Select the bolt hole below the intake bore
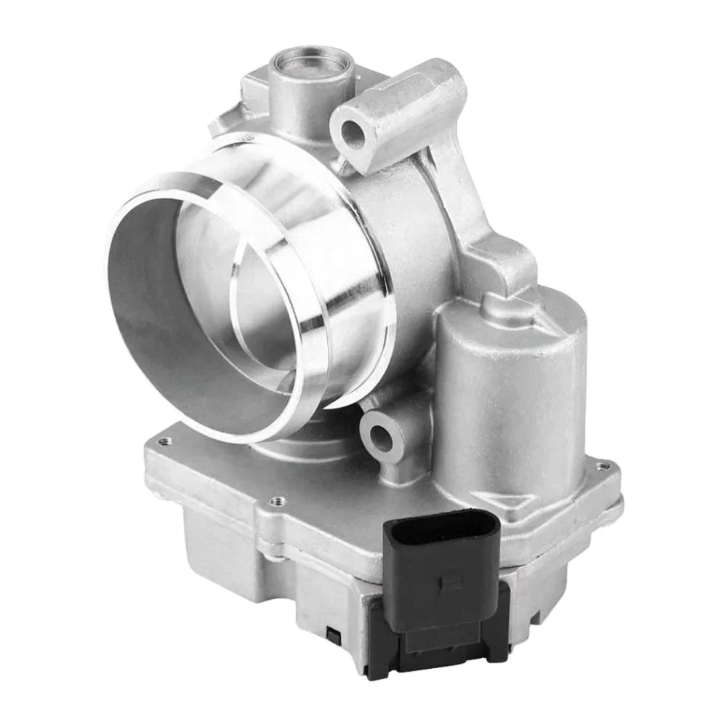pyautogui.click(x=380, y=436)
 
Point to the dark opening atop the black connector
pyautogui.click(x=436, y=525)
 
